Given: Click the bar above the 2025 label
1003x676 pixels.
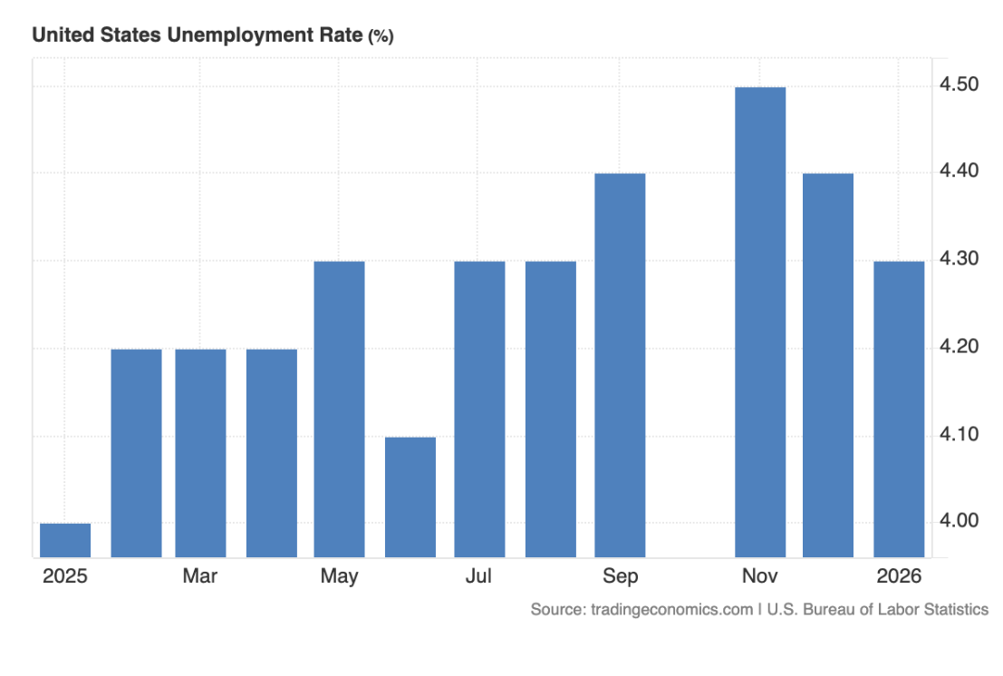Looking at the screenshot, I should click(x=65, y=540).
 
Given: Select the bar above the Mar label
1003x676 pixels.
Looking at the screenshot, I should click(x=200, y=453).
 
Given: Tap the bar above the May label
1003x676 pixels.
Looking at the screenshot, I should click(x=339, y=409).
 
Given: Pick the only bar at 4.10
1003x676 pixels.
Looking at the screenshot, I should click(x=410, y=497).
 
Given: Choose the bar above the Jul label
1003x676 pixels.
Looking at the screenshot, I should click(x=479, y=409).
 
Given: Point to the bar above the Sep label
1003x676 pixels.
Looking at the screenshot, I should click(x=620, y=365).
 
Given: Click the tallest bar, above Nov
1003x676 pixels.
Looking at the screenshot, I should click(x=760, y=322).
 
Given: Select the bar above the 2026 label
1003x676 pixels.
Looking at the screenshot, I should click(x=899, y=409).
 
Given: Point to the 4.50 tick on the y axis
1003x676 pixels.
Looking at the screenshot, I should click(x=960, y=85).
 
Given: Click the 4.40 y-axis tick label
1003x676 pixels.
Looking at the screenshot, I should click(x=960, y=172).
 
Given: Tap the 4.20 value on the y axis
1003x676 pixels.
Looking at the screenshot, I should click(x=960, y=347).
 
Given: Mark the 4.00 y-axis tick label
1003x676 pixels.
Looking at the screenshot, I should click(x=960, y=521).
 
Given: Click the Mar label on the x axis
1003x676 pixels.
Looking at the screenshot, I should click(x=200, y=576).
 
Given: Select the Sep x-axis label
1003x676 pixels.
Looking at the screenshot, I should click(x=620, y=576).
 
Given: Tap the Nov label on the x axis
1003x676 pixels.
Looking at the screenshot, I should click(x=760, y=576).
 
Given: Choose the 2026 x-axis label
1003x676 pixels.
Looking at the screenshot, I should click(x=899, y=576).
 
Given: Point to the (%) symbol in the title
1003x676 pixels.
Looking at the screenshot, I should click(x=381, y=36).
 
